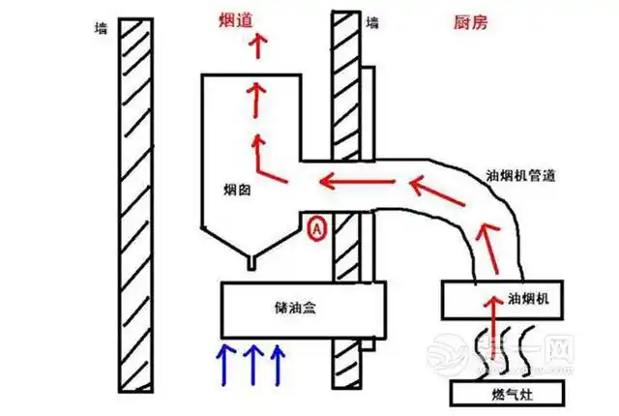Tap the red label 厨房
(x=468, y=21)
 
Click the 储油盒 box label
(x=291, y=308)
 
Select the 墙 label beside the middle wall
(x=373, y=20)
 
